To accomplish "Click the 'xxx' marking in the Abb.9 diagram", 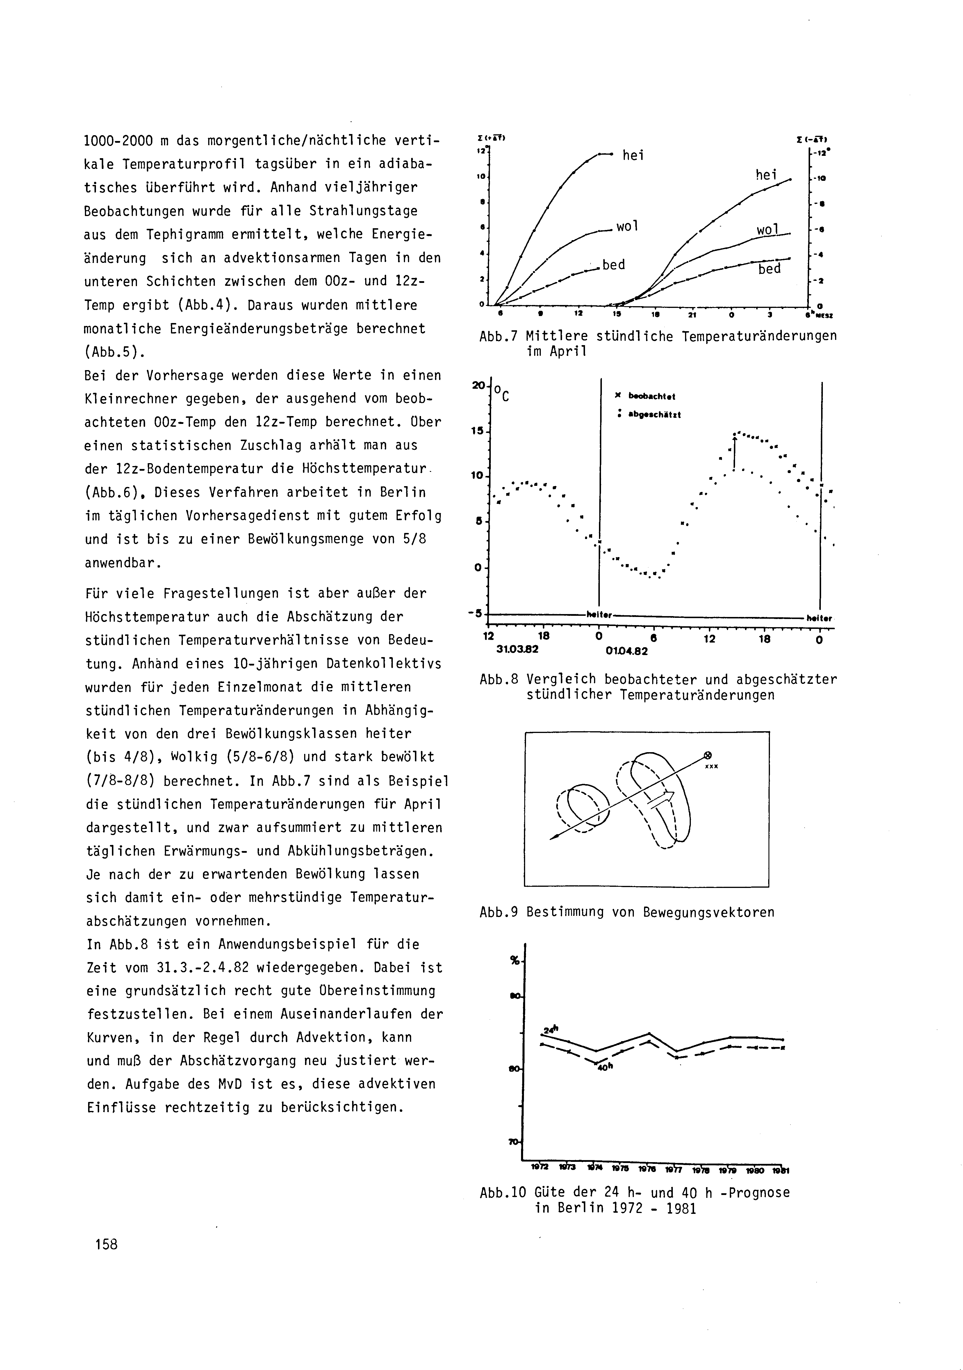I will coord(711,767).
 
